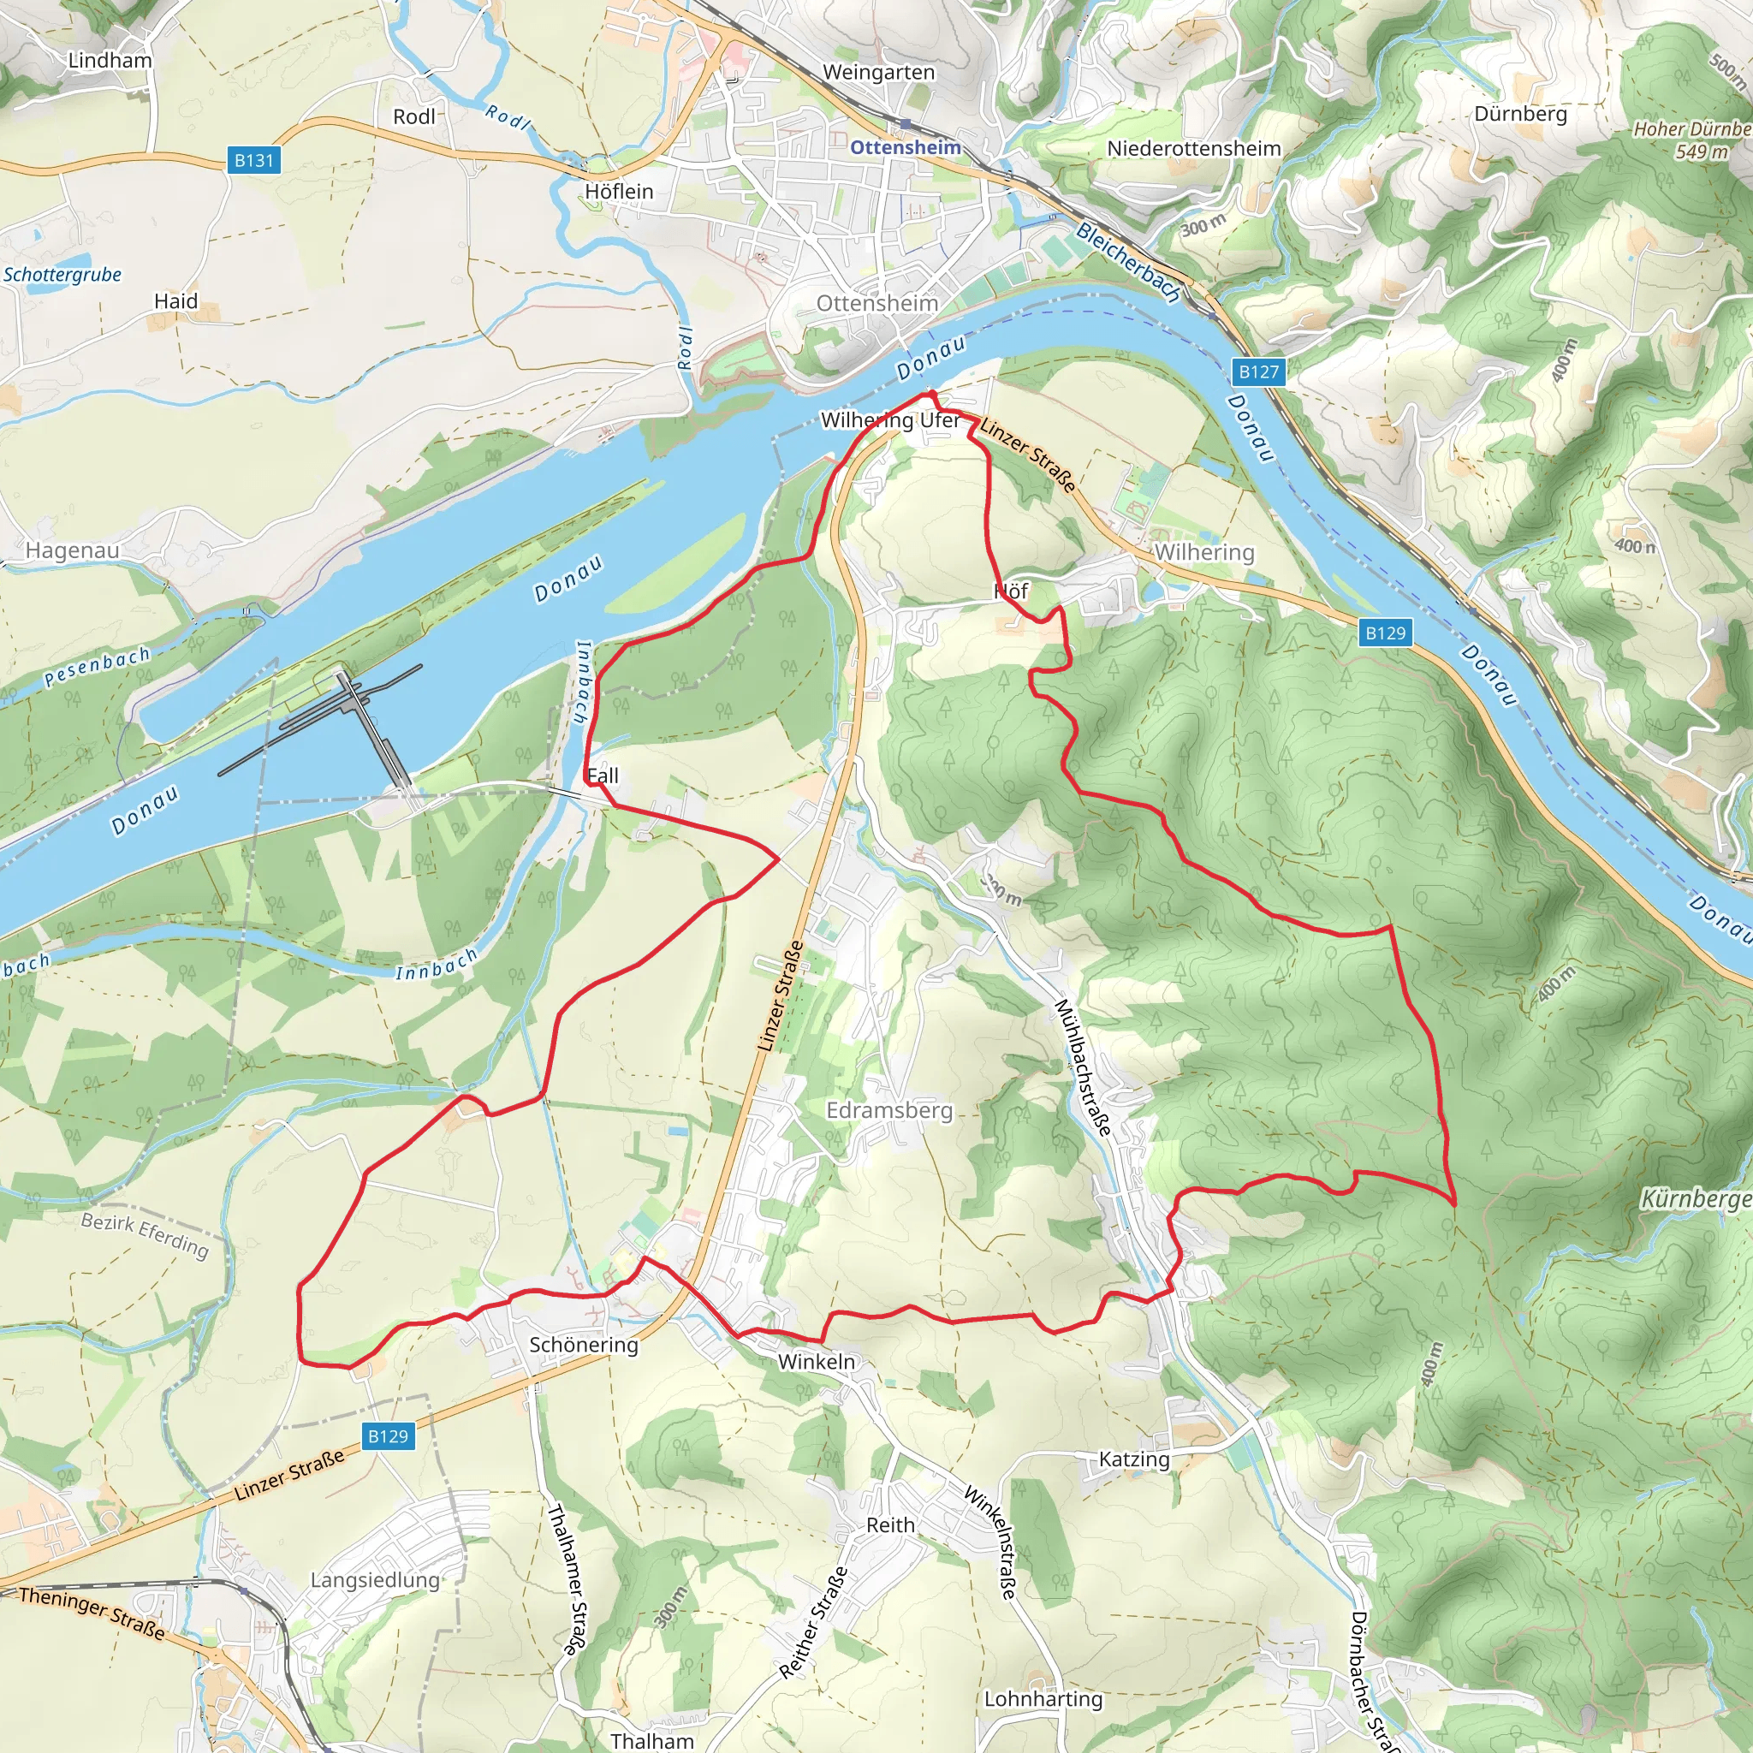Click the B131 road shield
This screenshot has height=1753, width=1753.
point(253,161)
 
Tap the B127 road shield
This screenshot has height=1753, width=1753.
point(1258,371)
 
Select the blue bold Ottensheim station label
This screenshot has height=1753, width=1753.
point(905,147)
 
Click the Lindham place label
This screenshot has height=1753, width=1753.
point(110,60)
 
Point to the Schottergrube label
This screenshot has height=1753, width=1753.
point(62,274)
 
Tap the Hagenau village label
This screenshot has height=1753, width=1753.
point(72,550)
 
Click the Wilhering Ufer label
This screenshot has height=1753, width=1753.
point(889,420)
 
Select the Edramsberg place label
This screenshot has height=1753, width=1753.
point(888,1109)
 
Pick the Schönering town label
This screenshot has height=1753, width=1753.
point(584,1344)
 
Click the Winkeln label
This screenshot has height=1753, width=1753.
point(816,1361)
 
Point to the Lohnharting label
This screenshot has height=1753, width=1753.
point(1043,1697)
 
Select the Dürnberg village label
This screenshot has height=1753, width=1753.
point(1520,114)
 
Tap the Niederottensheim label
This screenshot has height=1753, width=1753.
point(1193,148)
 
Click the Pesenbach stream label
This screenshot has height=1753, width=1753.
point(97,666)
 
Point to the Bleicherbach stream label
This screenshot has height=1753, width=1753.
point(1128,261)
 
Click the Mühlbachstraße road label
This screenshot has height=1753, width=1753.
point(1083,1067)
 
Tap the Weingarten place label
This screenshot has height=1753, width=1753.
point(877,72)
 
